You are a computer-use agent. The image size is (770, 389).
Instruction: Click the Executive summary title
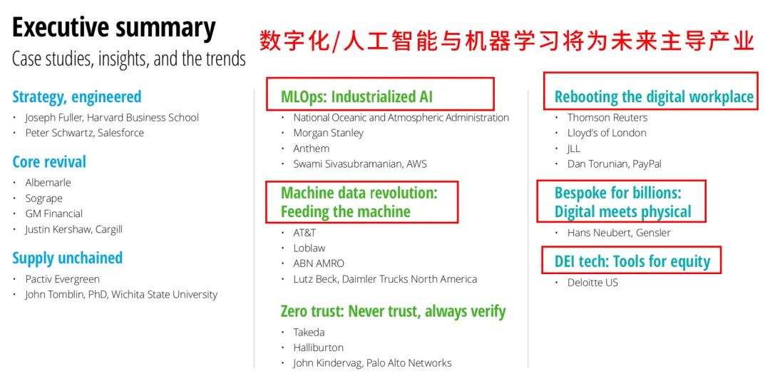pyautogui.click(x=114, y=28)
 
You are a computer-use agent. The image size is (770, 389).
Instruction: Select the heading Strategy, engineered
pyautogui.click(x=76, y=97)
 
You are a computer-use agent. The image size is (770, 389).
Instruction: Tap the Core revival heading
pyautogui.click(x=49, y=162)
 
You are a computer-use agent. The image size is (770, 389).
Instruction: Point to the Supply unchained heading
pyautogui.click(x=67, y=258)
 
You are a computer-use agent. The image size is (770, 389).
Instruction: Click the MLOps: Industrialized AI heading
pyautogui.click(x=356, y=97)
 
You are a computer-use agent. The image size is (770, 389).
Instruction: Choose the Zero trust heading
pyautogui.click(x=393, y=311)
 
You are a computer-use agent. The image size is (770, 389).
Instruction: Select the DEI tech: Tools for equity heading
pyautogui.click(x=632, y=262)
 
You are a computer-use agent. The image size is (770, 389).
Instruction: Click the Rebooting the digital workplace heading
pyautogui.click(x=654, y=97)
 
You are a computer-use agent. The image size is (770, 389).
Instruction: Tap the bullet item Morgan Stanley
pyautogui.click(x=329, y=133)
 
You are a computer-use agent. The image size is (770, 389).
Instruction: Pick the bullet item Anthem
pyautogui.click(x=312, y=148)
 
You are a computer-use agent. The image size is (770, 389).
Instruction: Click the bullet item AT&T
pyautogui.click(x=305, y=233)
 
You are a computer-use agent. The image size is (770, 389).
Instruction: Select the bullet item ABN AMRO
pyautogui.click(x=319, y=263)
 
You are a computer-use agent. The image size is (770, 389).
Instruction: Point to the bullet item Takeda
pyautogui.click(x=309, y=333)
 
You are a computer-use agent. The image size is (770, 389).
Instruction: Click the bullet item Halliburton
pyautogui.click(x=318, y=348)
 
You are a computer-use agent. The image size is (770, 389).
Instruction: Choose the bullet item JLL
pyautogui.click(x=573, y=148)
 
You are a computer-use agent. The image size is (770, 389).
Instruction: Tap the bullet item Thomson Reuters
pyautogui.click(x=607, y=118)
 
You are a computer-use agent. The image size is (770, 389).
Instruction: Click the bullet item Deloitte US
pyautogui.click(x=592, y=283)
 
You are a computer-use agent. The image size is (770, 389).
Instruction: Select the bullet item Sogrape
pyautogui.click(x=44, y=198)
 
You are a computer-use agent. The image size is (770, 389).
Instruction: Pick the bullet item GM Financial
pyautogui.click(x=54, y=214)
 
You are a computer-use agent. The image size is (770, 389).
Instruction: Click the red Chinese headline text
pyautogui.click(x=506, y=41)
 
